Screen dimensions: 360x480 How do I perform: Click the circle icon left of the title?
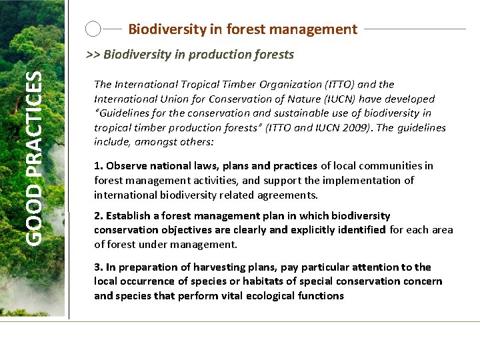pos(94,29)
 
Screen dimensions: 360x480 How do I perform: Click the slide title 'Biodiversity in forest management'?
pos(243,29)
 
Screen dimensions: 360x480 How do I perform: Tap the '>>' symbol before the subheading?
pos(94,55)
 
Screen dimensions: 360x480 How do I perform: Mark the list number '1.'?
pos(99,166)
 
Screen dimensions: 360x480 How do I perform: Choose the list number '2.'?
pos(99,216)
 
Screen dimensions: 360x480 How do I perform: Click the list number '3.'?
pos(99,267)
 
